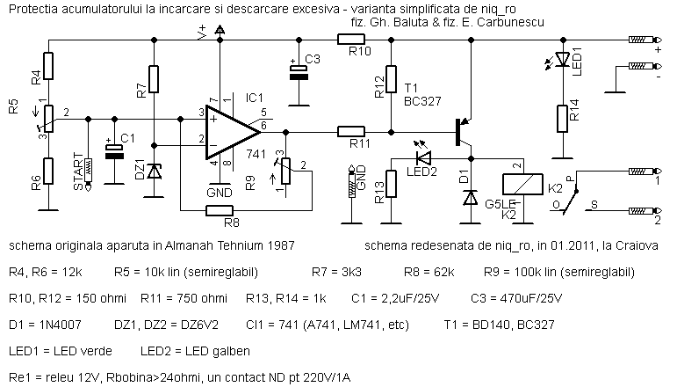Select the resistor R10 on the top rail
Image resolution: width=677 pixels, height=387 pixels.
[x=351, y=39]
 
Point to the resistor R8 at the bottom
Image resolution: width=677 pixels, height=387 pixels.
[x=218, y=210]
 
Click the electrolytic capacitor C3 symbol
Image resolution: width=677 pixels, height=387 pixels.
[x=300, y=73]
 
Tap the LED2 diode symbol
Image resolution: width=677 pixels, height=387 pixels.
[x=425, y=158]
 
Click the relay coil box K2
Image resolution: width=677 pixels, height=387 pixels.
[x=516, y=184]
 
